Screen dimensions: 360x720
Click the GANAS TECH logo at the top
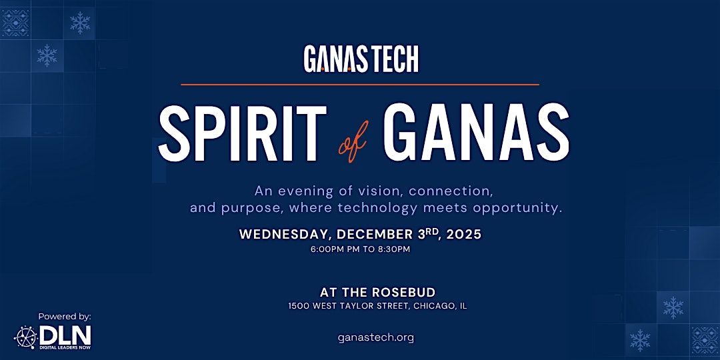[x=361, y=59]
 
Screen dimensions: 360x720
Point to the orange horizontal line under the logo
[x=360, y=85]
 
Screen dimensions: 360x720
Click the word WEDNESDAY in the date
[x=285, y=235]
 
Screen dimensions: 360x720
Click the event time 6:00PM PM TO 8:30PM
[x=360, y=249]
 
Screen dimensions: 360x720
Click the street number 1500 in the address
[x=299, y=306]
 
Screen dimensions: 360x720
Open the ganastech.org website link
[x=376, y=337]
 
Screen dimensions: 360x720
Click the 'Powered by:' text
[x=65, y=317]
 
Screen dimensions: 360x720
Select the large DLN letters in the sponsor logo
[x=65, y=335]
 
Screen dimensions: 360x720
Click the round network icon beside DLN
[x=25, y=337]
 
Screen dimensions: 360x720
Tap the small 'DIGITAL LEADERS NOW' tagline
[x=65, y=347]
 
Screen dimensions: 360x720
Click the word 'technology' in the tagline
[x=377, y=207]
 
